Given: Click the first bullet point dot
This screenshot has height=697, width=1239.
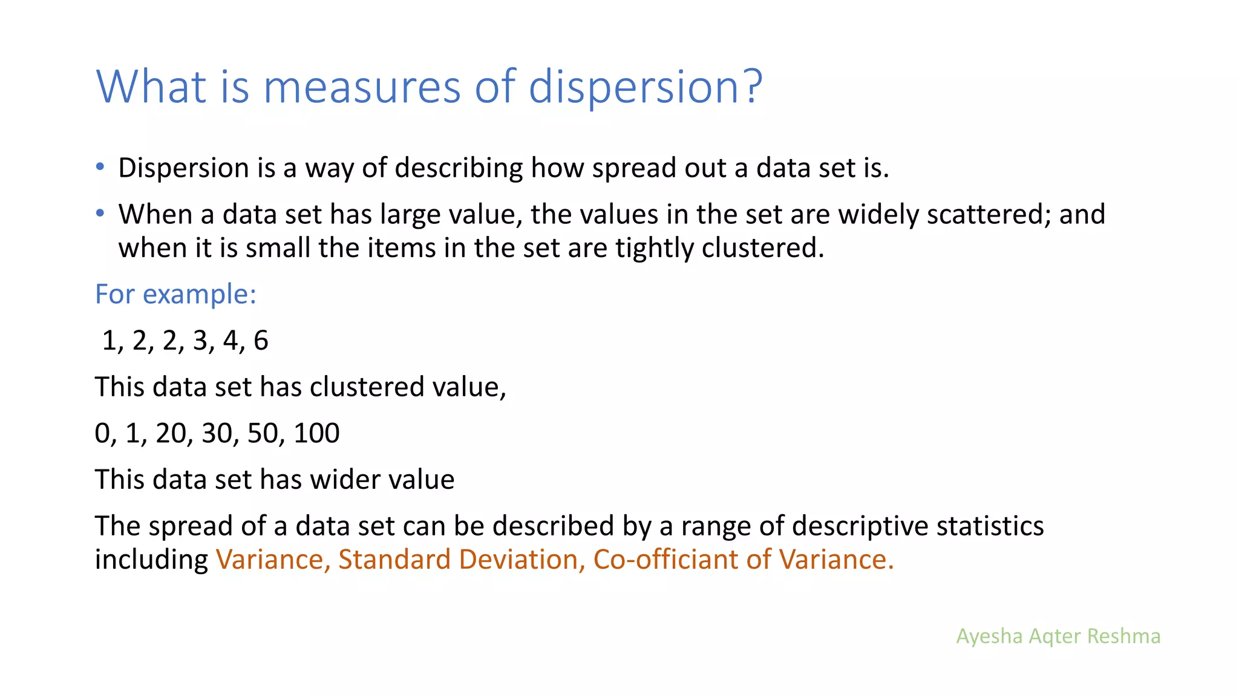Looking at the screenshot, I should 100,166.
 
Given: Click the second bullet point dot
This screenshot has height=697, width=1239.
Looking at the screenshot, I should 100,213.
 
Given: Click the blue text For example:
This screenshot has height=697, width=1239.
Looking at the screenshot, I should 176,295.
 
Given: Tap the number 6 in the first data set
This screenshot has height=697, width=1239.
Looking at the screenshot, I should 261,341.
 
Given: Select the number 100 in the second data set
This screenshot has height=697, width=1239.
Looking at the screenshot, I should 316,433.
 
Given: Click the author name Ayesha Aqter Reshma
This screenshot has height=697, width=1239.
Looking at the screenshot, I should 1058,636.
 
